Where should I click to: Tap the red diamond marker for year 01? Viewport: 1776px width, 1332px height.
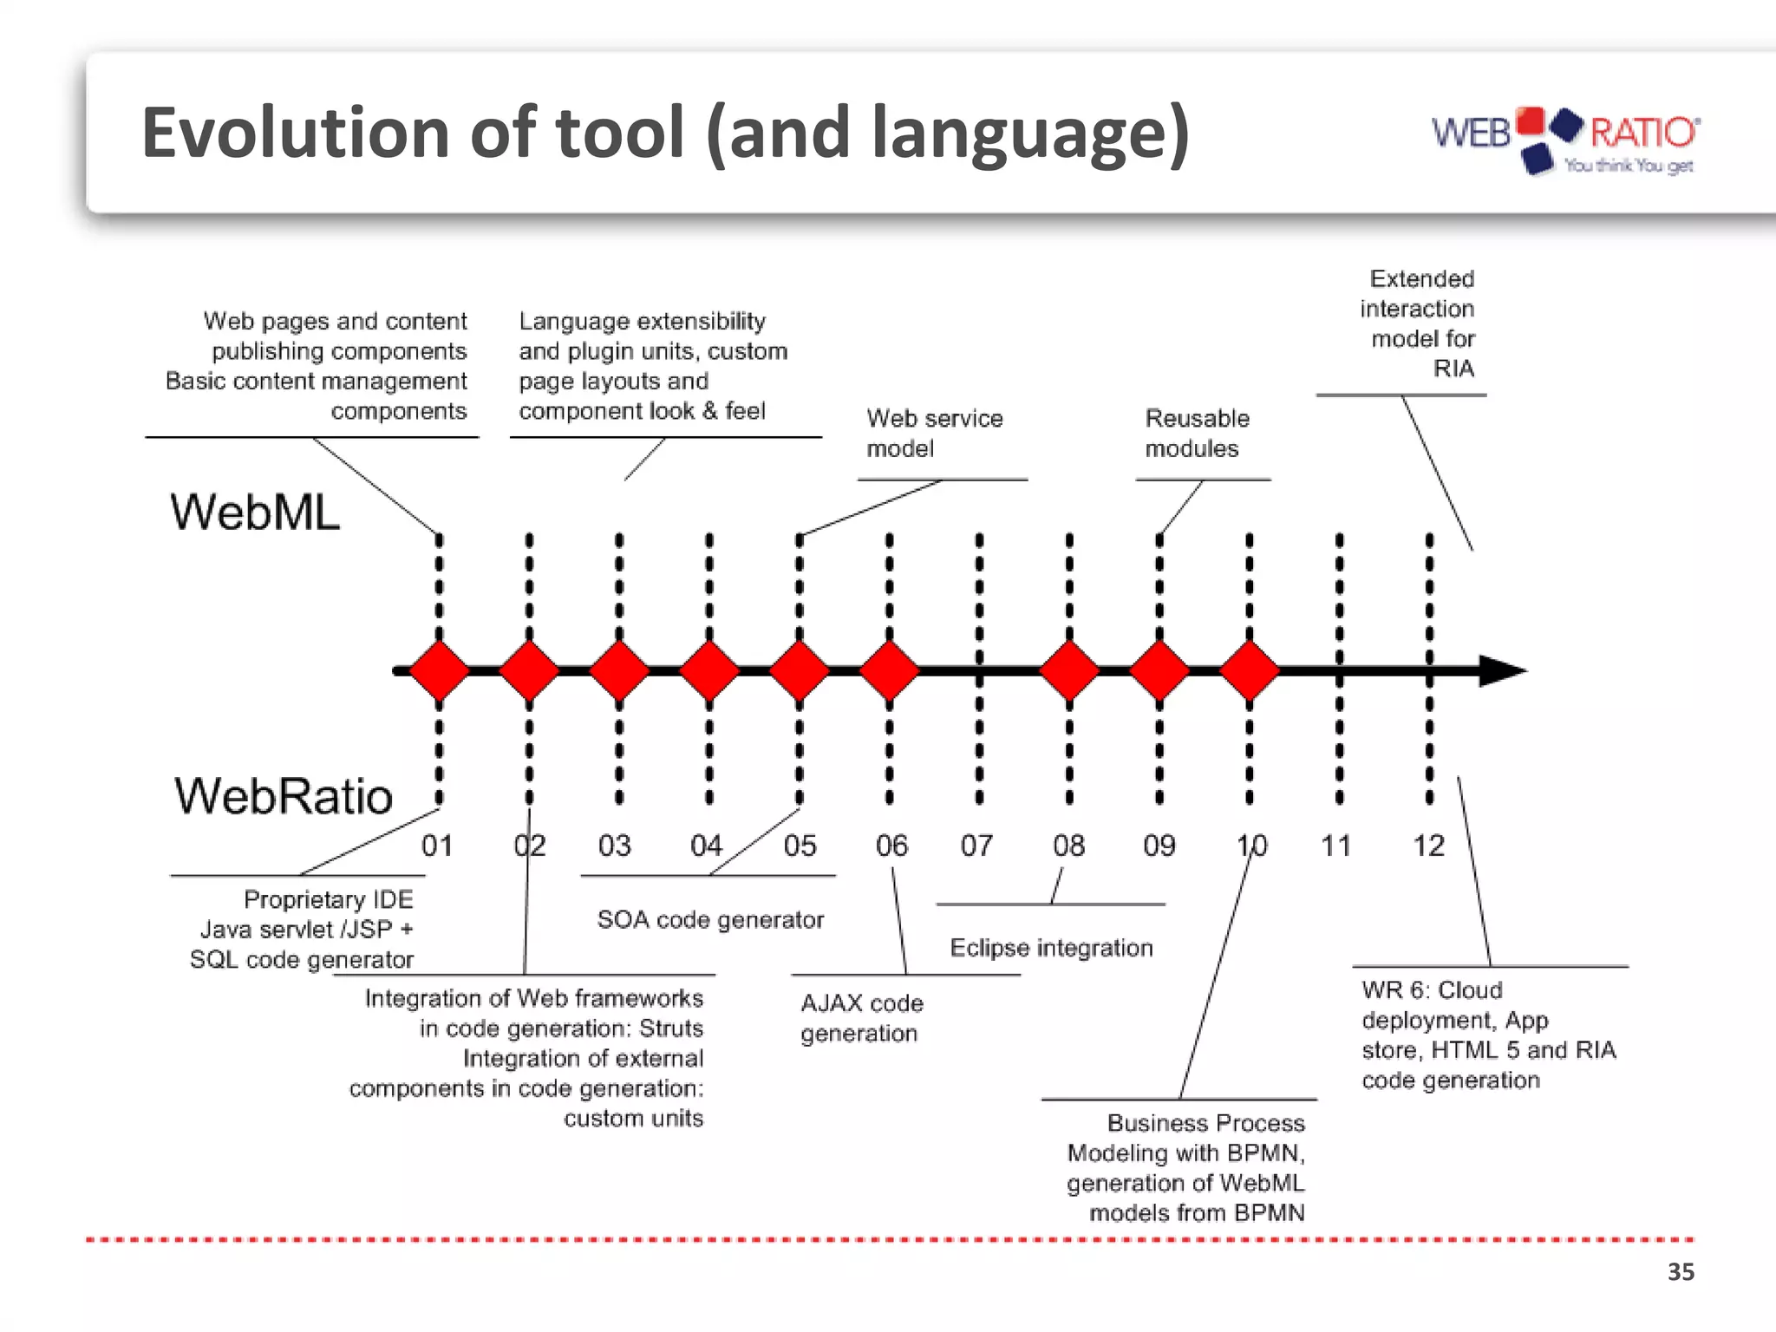tap(439, 670)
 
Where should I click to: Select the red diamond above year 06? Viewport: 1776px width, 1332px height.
tap(889, 670)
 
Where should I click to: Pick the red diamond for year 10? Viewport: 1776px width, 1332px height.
tap(1249, 670)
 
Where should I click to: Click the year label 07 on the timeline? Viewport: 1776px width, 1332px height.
tap(976, 846)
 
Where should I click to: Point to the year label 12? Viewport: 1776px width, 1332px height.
tap(1428, 846)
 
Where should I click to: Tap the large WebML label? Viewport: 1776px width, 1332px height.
tap(255, 512)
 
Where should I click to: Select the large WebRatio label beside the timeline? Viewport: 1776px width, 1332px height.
tap(284, 795)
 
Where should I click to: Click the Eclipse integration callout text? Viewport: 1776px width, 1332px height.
tap(1051, 948)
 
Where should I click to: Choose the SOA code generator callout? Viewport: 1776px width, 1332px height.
tap(710, 920)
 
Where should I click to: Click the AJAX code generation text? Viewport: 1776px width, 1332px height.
tap(861, 1018)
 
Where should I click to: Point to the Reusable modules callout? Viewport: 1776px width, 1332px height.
tap(1197, 434)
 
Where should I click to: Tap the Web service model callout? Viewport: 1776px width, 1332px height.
tap(934, 434)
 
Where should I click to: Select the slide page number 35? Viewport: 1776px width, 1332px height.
tap(1681, 1272)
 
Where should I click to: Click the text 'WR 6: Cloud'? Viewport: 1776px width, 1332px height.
tap(1431, 990)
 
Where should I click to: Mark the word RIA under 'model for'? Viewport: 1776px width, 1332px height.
tap(1453, 369)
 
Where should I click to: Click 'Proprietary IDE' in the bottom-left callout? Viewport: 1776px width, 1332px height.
tap(328, 899)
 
